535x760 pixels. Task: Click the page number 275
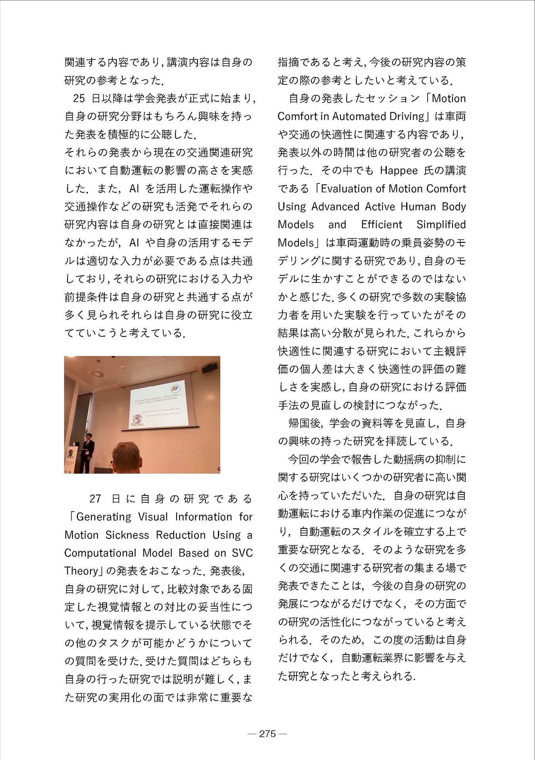(x=267, y=733)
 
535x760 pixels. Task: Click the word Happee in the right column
(x=398, y=171)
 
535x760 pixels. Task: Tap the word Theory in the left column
(x=81, y=571)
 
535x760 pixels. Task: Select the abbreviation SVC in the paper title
(x=242, y=553)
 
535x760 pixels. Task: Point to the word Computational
(x=100, y=553)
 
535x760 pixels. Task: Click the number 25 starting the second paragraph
(x=79, y=98)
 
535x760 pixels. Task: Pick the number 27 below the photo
(x=96, y=498)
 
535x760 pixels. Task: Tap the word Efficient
(x=381, y=225)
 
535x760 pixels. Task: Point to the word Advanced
(x=335, y=207)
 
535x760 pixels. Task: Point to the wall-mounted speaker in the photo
(x=210, y=368)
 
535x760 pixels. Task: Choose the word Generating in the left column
(x=103, y=517)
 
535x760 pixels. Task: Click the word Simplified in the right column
(x=441, y=225)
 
